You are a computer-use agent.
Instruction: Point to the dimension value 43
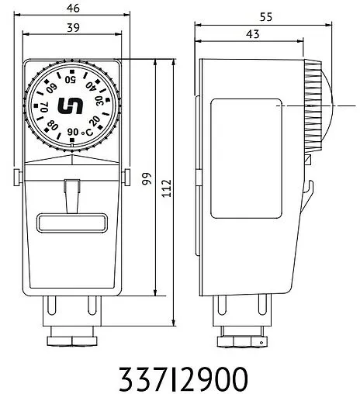252,35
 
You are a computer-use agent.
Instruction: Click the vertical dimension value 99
146,178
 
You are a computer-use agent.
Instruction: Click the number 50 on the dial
71,78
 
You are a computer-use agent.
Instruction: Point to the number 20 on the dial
95,122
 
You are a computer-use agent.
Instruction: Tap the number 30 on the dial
100,102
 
